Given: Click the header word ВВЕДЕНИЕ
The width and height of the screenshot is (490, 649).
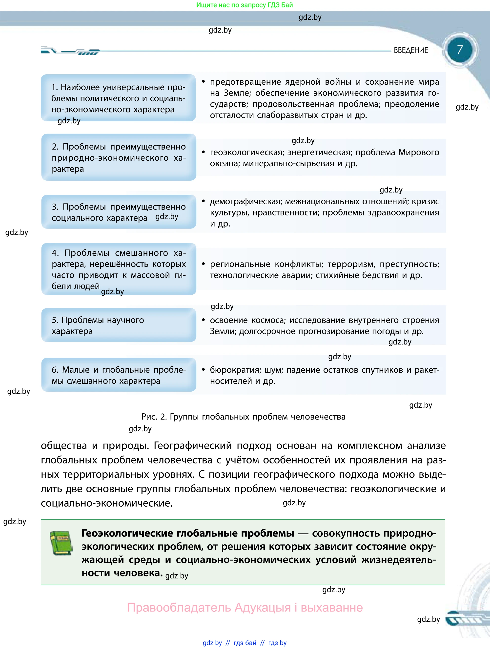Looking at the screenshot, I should (411, 51).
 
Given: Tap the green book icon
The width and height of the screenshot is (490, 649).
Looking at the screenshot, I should (61, 543).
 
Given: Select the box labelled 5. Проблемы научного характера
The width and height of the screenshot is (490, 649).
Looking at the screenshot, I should (119, 325).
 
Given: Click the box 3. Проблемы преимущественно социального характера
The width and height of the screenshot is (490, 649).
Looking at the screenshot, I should (119, 212).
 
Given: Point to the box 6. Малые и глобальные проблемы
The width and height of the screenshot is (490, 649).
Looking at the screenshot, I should (119, 375).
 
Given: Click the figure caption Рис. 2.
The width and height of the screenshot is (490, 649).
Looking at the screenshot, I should (243, 417).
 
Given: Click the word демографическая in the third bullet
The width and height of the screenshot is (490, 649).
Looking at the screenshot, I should (246, 202).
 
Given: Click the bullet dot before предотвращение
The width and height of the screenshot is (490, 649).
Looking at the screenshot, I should (203, 81).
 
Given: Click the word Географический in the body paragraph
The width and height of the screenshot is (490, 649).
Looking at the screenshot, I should (193, 446).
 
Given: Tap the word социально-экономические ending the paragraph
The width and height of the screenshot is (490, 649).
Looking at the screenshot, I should (107, 503).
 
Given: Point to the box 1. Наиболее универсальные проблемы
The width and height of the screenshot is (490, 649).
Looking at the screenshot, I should (118, 98).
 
